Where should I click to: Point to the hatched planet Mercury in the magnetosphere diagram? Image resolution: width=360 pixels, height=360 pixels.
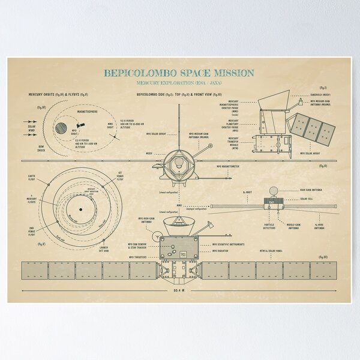click(x=61, y=127)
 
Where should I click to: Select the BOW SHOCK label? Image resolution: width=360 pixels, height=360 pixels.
click(x=40, y=146)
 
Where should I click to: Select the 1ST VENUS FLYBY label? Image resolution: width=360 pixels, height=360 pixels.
click(x=119, y=176)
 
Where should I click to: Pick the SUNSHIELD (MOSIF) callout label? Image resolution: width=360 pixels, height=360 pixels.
click(x=318, y=95)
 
